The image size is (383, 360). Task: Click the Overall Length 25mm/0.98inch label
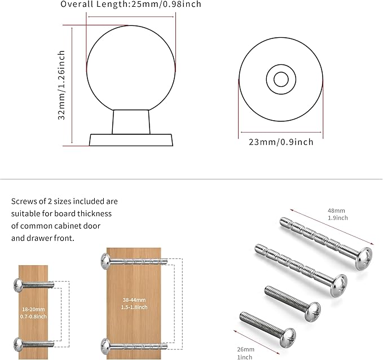point(131,5)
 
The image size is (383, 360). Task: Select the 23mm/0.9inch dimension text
point(281,142)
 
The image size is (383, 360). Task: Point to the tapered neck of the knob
point(131,121)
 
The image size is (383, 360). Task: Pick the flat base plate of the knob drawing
point(131,139)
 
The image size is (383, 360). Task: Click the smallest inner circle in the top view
point(281,79)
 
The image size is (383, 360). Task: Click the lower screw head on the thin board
point(16,343)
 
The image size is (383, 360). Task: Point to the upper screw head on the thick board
point(105,260)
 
